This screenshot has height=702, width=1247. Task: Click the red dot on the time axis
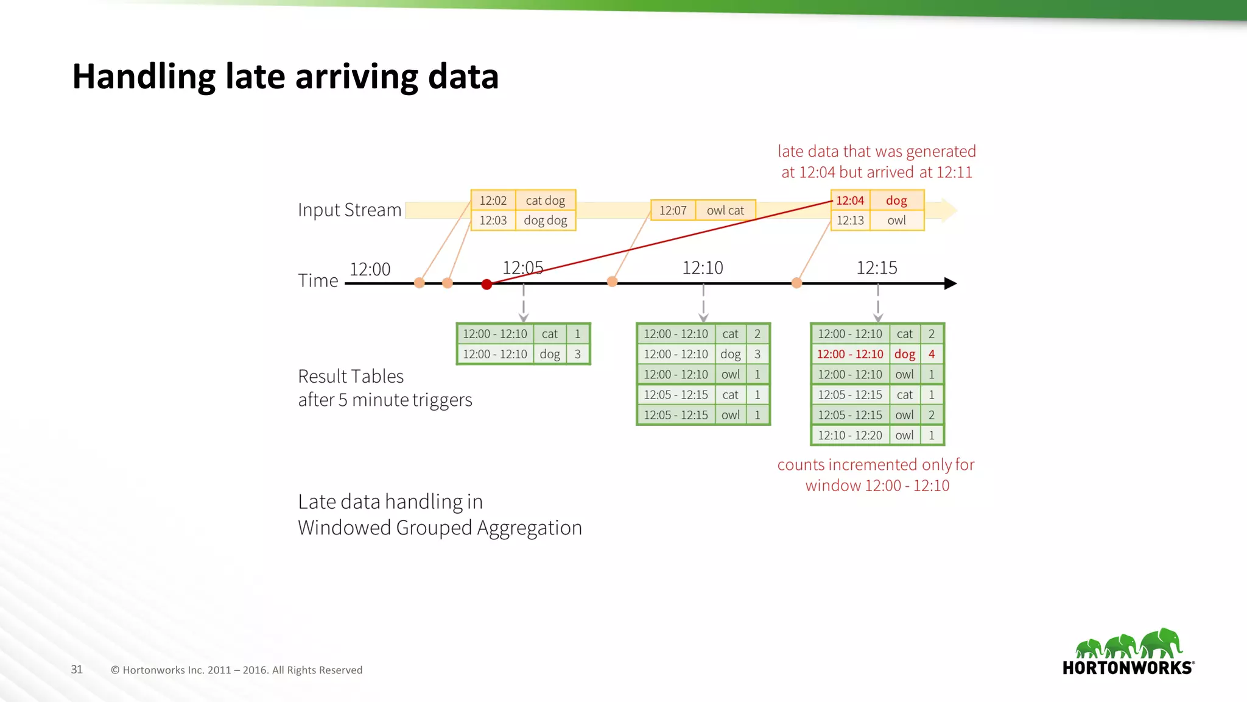pos(487,284)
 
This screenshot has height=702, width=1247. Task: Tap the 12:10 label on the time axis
pos(703,268)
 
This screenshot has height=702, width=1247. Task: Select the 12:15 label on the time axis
pos(877,268)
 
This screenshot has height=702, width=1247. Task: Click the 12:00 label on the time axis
pos(370,269)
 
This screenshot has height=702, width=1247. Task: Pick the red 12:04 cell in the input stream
pos(850,200)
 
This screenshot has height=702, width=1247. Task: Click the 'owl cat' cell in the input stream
pos(725,210)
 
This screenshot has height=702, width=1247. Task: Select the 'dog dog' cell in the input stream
pos(546,221)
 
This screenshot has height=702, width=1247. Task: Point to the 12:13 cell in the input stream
pos(850,221)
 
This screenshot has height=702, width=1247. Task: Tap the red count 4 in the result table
pos(932,354)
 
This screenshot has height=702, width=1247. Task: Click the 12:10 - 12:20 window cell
pos(850,435)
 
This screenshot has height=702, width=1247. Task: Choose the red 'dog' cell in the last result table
pos(905,354)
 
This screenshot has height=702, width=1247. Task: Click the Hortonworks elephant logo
pos(1128,645)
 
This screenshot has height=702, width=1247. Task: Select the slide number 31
pos(77,670)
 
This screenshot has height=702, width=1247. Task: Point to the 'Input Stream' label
pos(350,210)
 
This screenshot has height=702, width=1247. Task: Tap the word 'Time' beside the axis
pos(318,280)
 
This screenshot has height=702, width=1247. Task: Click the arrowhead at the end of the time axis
pos(950,283)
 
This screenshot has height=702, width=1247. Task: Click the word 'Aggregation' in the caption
pos(529,528)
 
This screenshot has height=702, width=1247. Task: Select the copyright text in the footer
pos(236,670)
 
